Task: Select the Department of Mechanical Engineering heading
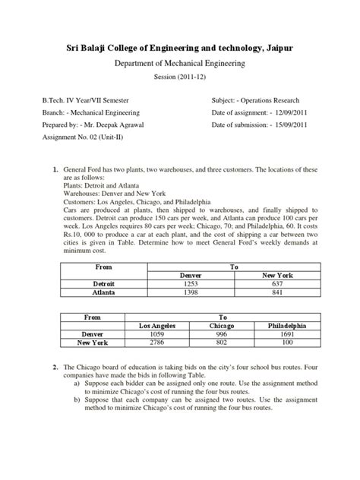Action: click(x=179, y=65)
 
